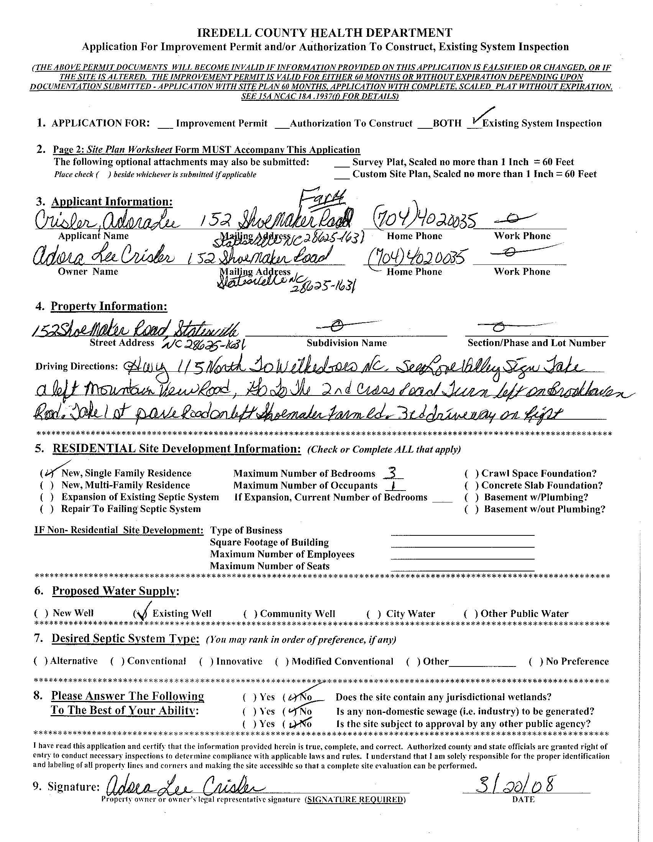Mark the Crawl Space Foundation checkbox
471,473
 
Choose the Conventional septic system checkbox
117,661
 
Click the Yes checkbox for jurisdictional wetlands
249,697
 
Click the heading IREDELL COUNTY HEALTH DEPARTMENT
325,32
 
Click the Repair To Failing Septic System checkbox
47,509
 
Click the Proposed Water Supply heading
115,591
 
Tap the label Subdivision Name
346,343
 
